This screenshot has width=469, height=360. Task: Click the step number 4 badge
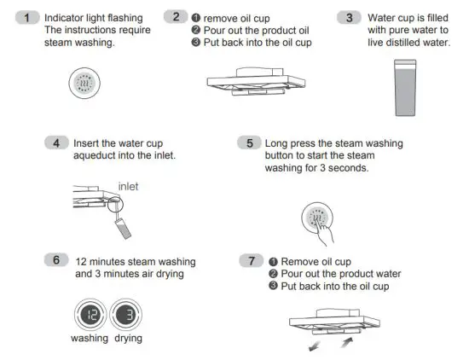(x=56, y=143)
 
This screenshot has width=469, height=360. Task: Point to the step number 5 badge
(x=250, y=143)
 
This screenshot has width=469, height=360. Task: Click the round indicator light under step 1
(x=84, y=86)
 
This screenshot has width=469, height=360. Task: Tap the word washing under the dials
(x=90, y=338)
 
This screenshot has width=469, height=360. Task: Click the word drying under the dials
(x=126, y=338)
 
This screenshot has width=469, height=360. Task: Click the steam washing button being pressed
(x=321, y=220)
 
